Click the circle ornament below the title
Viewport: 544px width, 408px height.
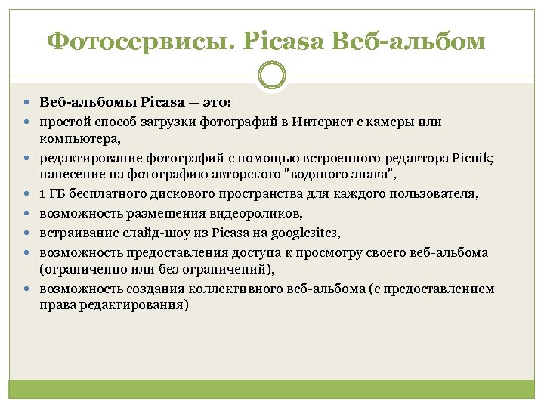click(x=272, y=75)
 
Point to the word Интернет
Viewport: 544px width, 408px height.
click(x=322, y=122)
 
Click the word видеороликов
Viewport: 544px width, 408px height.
click(x=258, y=214)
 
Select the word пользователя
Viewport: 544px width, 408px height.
click(x=436, y=194)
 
